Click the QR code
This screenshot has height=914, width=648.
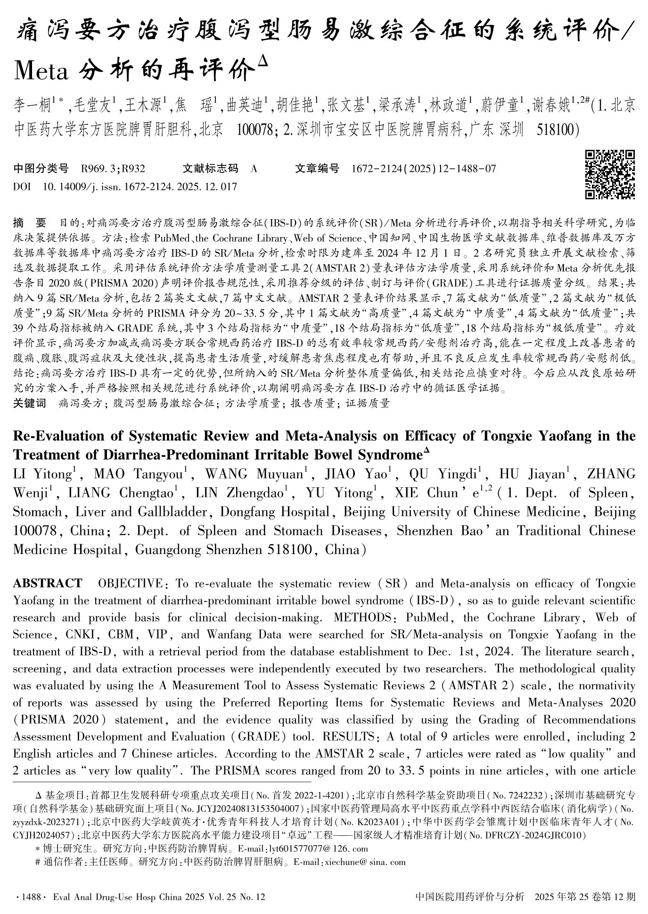(609, 174)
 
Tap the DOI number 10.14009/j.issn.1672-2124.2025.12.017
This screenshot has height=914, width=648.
(139, 187)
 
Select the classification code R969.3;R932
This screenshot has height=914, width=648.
(113, 169)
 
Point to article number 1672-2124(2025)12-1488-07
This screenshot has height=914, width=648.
(424, 169)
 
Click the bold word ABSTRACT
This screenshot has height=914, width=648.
(47, 584)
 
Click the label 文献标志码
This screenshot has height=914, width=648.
(210, 169)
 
